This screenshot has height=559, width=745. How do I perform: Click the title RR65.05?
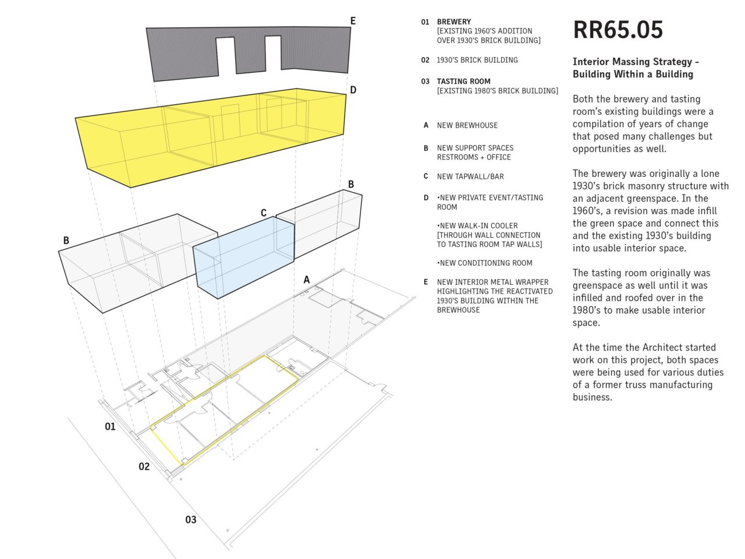click(618, 30)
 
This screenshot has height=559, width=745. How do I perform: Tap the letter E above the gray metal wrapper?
click(353, 21)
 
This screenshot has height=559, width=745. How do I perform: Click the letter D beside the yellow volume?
click(353, 90)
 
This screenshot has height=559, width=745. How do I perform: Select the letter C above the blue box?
click(264, 213)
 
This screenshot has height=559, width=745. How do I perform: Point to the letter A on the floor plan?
click(307, 279)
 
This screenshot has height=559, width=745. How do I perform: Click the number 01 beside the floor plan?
click(110, 426)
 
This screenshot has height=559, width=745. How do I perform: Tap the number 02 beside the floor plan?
click(144, 466)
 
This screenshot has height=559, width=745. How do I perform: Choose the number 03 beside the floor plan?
click(191, 519)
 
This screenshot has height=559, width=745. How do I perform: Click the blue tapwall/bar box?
click(244, 257)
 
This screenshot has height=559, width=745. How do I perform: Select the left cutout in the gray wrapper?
click(226, 56)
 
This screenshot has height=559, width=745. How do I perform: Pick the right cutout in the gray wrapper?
click(273, 53)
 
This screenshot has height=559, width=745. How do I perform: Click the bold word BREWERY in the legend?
click(454, 22)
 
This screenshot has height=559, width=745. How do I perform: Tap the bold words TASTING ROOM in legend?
click(464, 82)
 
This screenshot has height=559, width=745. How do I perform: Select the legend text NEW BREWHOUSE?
click(467, 125)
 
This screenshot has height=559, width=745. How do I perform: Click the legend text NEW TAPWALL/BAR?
click(470, 176)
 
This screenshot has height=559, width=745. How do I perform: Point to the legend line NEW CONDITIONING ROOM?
click(484, 263)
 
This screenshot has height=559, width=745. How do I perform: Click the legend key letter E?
click(425, 282)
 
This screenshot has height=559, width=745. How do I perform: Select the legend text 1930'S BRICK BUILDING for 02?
click(477, 60)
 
